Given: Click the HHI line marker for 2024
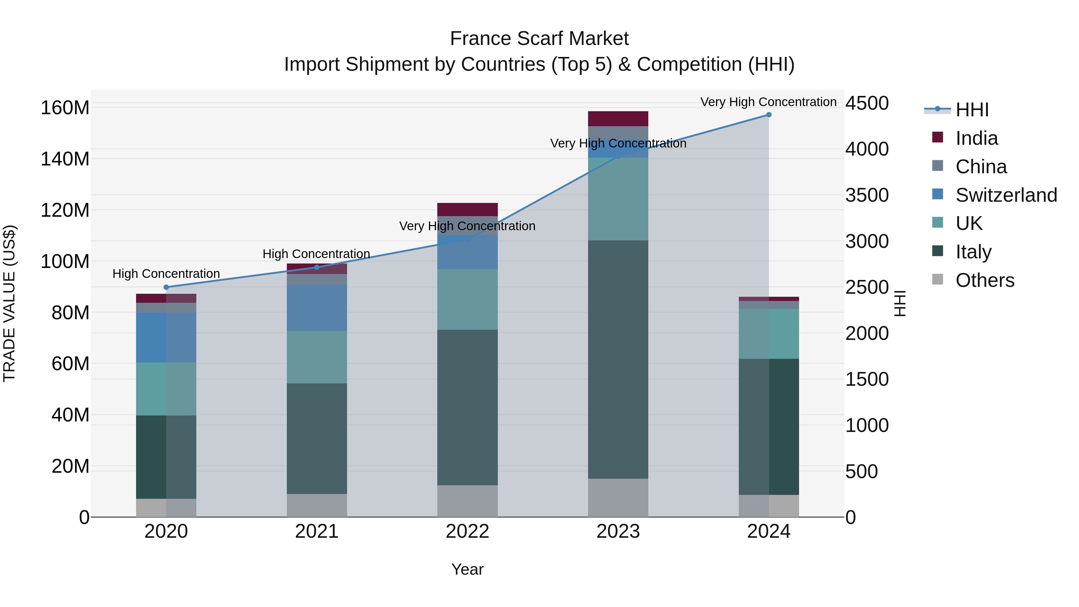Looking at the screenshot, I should pos(768,115).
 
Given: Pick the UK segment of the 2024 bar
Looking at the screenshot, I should pos(768,334).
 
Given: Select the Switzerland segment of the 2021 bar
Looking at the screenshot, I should pos(317,308).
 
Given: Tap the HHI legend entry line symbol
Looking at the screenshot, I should pos(938,109).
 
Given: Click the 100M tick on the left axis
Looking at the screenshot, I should pos(65,262).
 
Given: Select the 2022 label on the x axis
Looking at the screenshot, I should pos(468,531).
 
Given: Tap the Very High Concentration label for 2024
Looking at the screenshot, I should pos(768,102).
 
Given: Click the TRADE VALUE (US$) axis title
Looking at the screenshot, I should pos(9,303).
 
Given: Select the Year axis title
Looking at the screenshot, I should pos(468,570).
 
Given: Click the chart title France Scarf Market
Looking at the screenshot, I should pos(539,39).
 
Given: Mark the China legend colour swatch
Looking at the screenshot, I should pos(938,165).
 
